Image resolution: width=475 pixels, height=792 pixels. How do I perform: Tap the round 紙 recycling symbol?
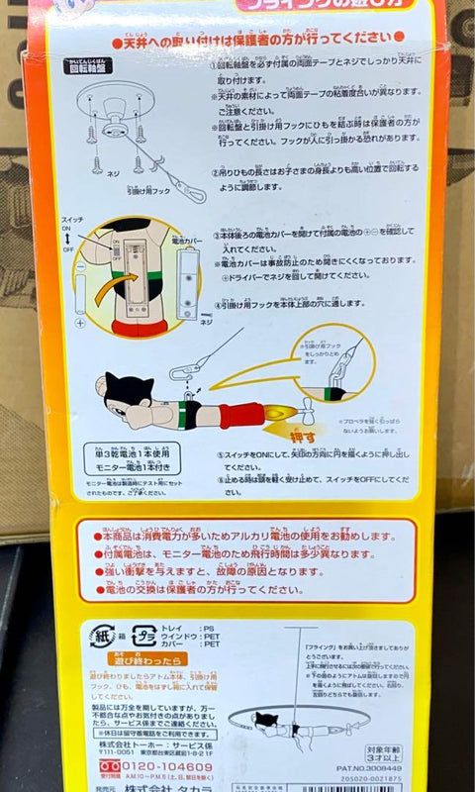click(102, 637)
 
